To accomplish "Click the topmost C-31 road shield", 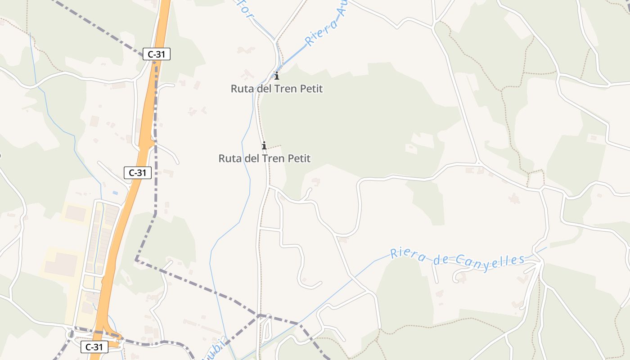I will [156, 54].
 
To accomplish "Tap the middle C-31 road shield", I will [137, 172].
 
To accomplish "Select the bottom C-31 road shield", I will [94, 346].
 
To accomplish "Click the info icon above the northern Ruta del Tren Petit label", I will [277, 76].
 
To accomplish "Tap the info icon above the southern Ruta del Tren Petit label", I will [264, 145].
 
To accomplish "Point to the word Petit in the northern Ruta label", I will [311, 89].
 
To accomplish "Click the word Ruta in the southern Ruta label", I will [229, 158].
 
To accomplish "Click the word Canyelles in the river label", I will [490, 260].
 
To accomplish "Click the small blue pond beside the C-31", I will [115, 193].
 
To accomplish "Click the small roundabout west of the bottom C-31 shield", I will [71, 335].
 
